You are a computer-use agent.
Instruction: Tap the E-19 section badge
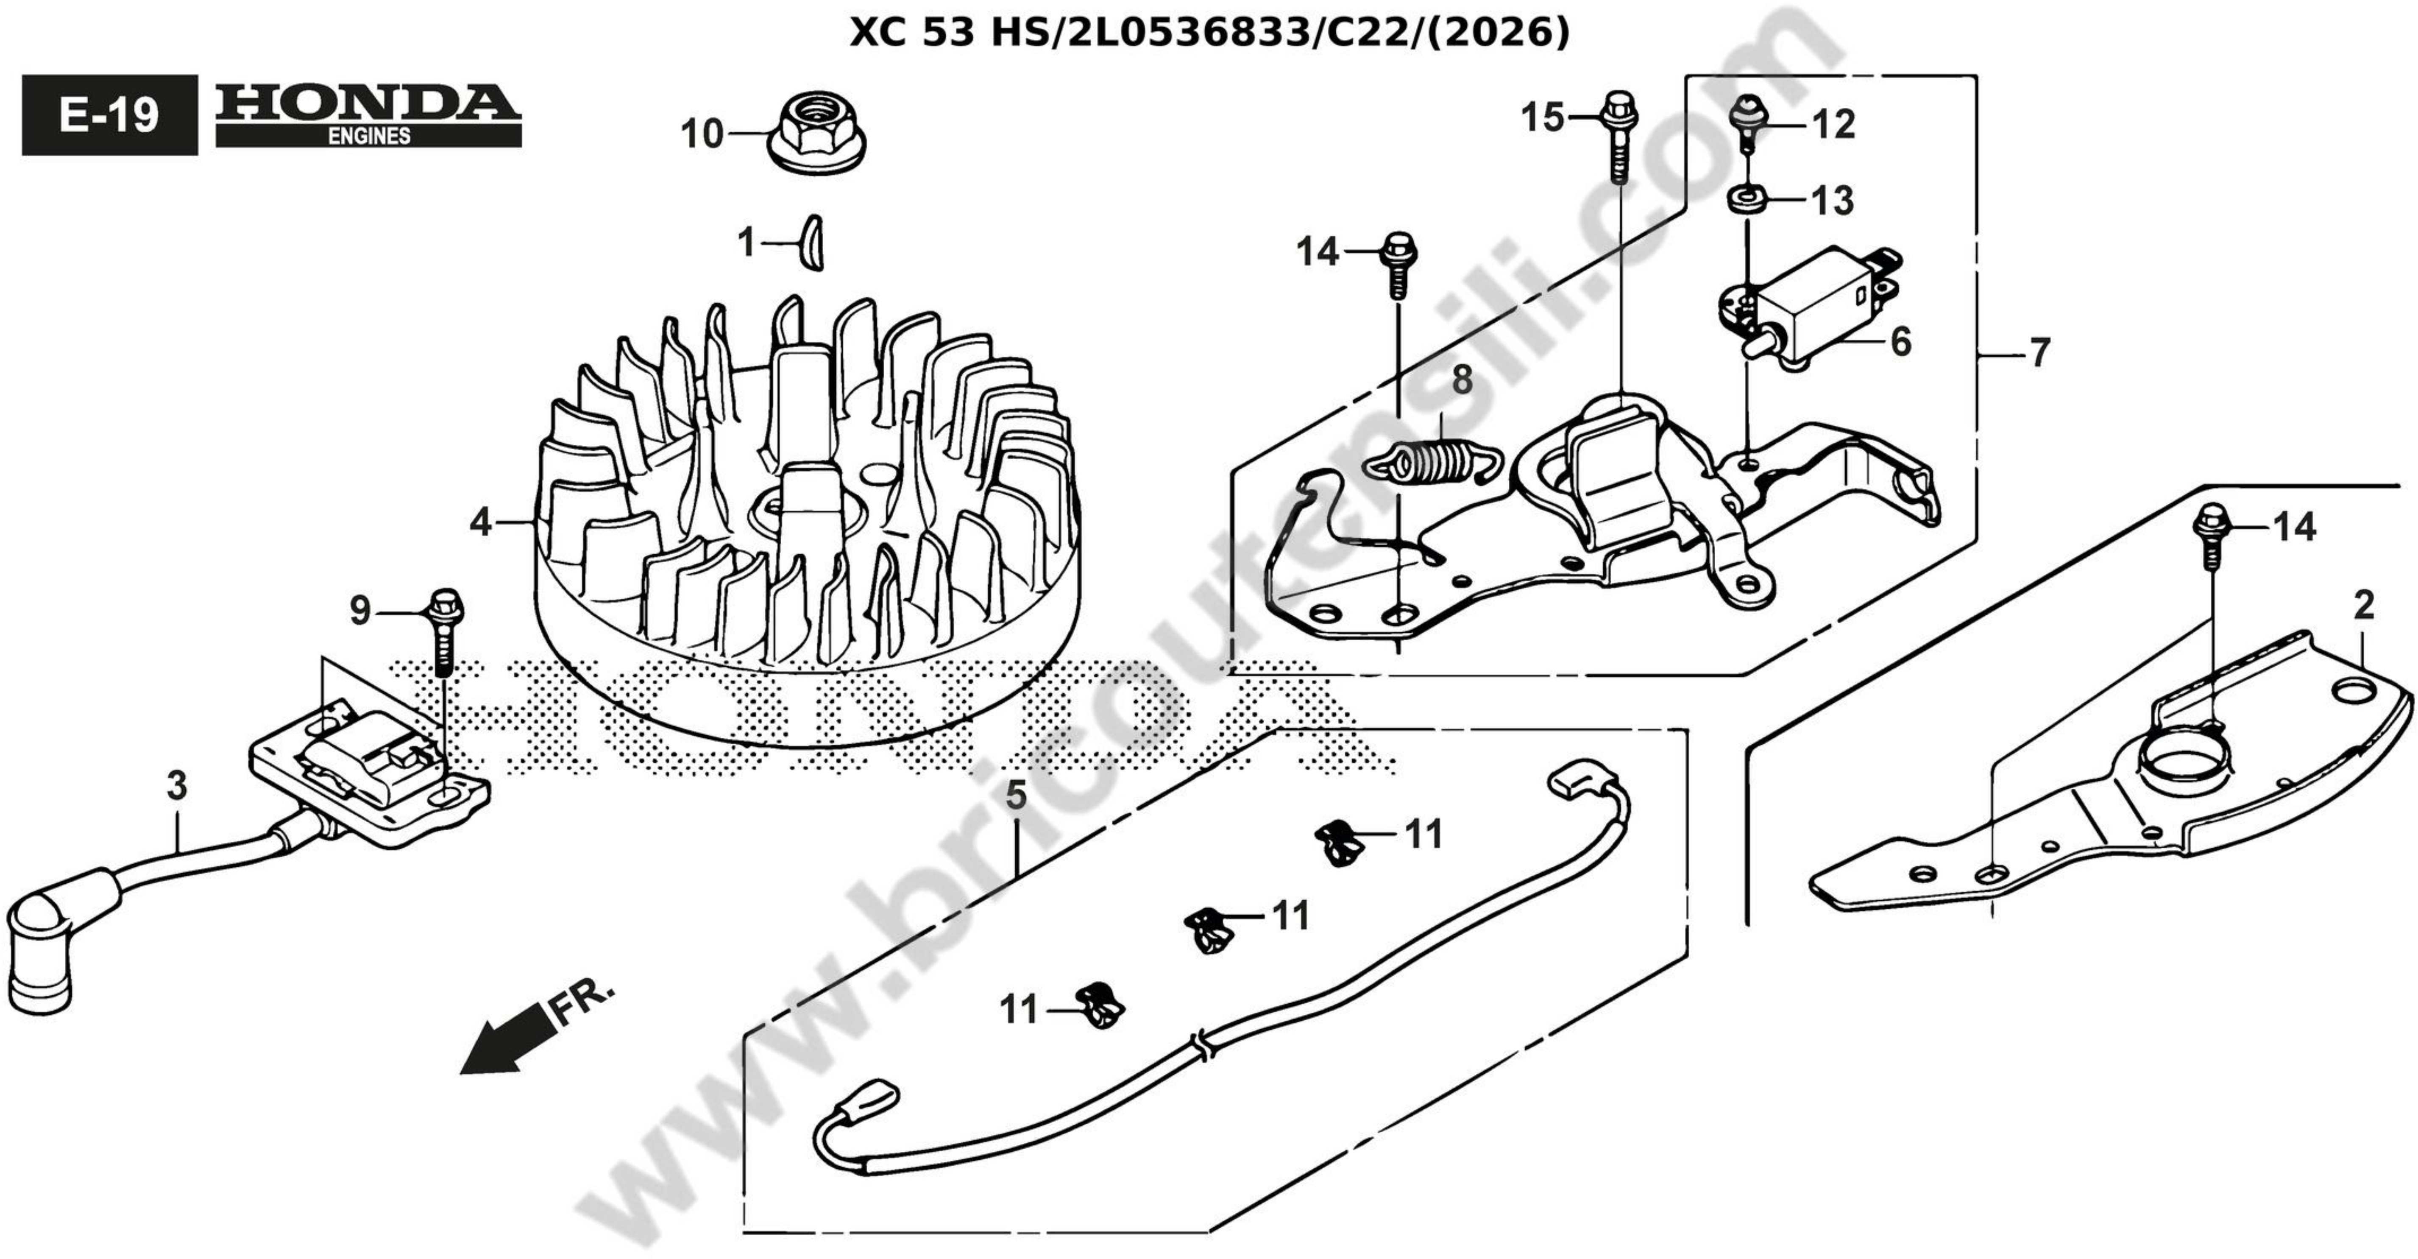tap(110, 114)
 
